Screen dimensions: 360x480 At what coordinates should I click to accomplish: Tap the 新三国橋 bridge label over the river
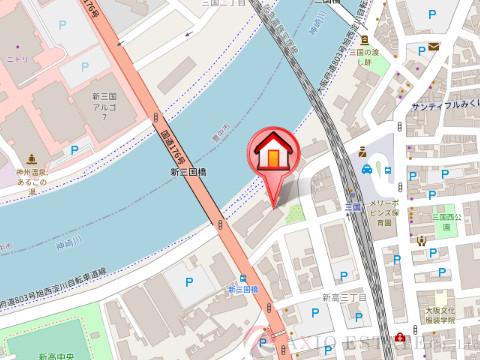(187, 173)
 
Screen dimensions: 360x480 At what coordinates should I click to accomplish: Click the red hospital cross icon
(404, 337)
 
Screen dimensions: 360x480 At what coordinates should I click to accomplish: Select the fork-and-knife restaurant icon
(420, 239)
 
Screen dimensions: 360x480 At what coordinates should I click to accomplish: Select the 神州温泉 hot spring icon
(31, 158)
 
